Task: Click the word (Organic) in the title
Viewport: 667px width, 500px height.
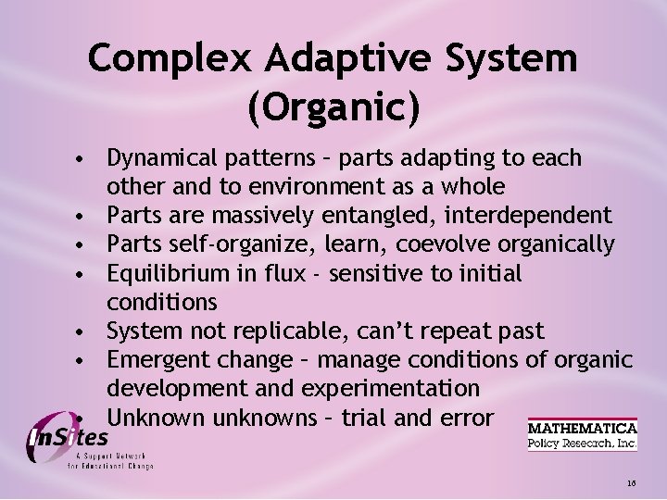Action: pos(333,107)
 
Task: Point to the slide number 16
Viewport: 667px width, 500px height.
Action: pos(631,483)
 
